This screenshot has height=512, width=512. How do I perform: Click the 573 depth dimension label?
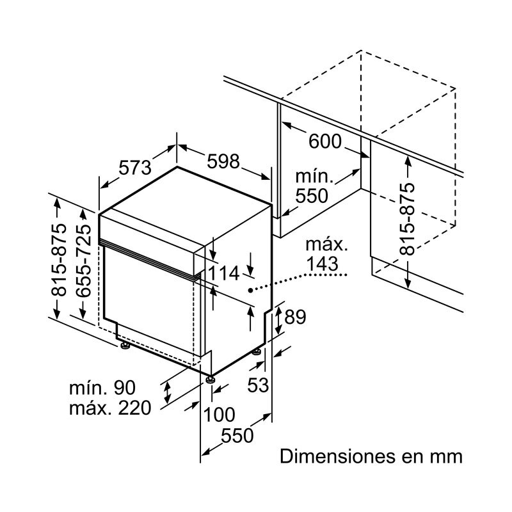point(135,168)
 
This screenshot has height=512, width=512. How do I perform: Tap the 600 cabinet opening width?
point(325,142)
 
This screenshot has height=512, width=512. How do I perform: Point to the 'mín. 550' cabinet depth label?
point(311,186)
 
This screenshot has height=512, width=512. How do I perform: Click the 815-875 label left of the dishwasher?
point(58,260)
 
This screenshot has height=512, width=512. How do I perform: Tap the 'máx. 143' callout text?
point(326,254)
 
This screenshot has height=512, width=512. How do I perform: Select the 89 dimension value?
point(294,317)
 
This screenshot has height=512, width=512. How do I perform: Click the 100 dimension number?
point(219,415)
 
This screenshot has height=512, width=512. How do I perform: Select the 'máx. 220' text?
point(109,408)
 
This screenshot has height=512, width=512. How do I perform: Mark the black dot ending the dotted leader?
point(250,290)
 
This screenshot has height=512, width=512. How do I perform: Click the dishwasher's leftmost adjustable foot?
point(124,346)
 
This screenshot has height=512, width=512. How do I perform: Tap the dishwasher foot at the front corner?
point(209,380)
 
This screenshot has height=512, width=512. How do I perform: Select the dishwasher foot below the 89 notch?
point(257,351)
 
